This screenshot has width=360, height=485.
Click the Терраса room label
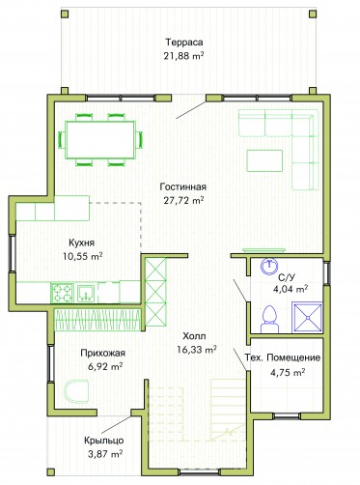[184, 43]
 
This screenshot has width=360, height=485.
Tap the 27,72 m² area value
[183, 200]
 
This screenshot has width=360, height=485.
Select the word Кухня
[82, 242]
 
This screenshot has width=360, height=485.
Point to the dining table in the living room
[100, 139]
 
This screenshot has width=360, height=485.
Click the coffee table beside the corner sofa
[264, 160]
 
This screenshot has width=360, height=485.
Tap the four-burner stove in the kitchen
[63, 293]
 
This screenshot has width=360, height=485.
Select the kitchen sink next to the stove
[86, 293]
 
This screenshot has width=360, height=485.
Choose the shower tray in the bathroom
[307, 317]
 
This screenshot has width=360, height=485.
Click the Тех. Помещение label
[283, 357]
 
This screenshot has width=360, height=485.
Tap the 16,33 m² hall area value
[197, 350]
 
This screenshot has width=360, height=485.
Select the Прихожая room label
[102, 354]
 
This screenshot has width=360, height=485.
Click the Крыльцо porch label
[103, 441]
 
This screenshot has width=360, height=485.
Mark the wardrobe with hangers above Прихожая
[97, 320]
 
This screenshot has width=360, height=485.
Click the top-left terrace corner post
[65, 14]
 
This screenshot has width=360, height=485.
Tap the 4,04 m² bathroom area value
[291, 289]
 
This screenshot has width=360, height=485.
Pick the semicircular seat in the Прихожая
[76, 391]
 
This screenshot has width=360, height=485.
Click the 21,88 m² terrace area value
[183, 56]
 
